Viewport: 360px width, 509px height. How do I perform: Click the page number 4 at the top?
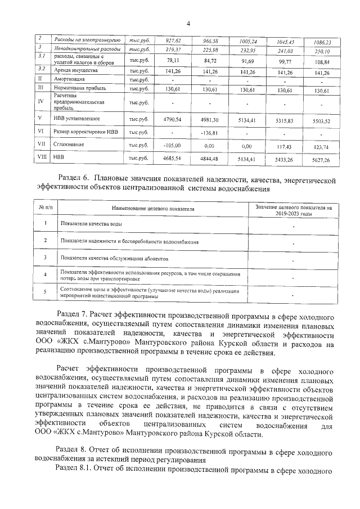pos(188,23)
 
